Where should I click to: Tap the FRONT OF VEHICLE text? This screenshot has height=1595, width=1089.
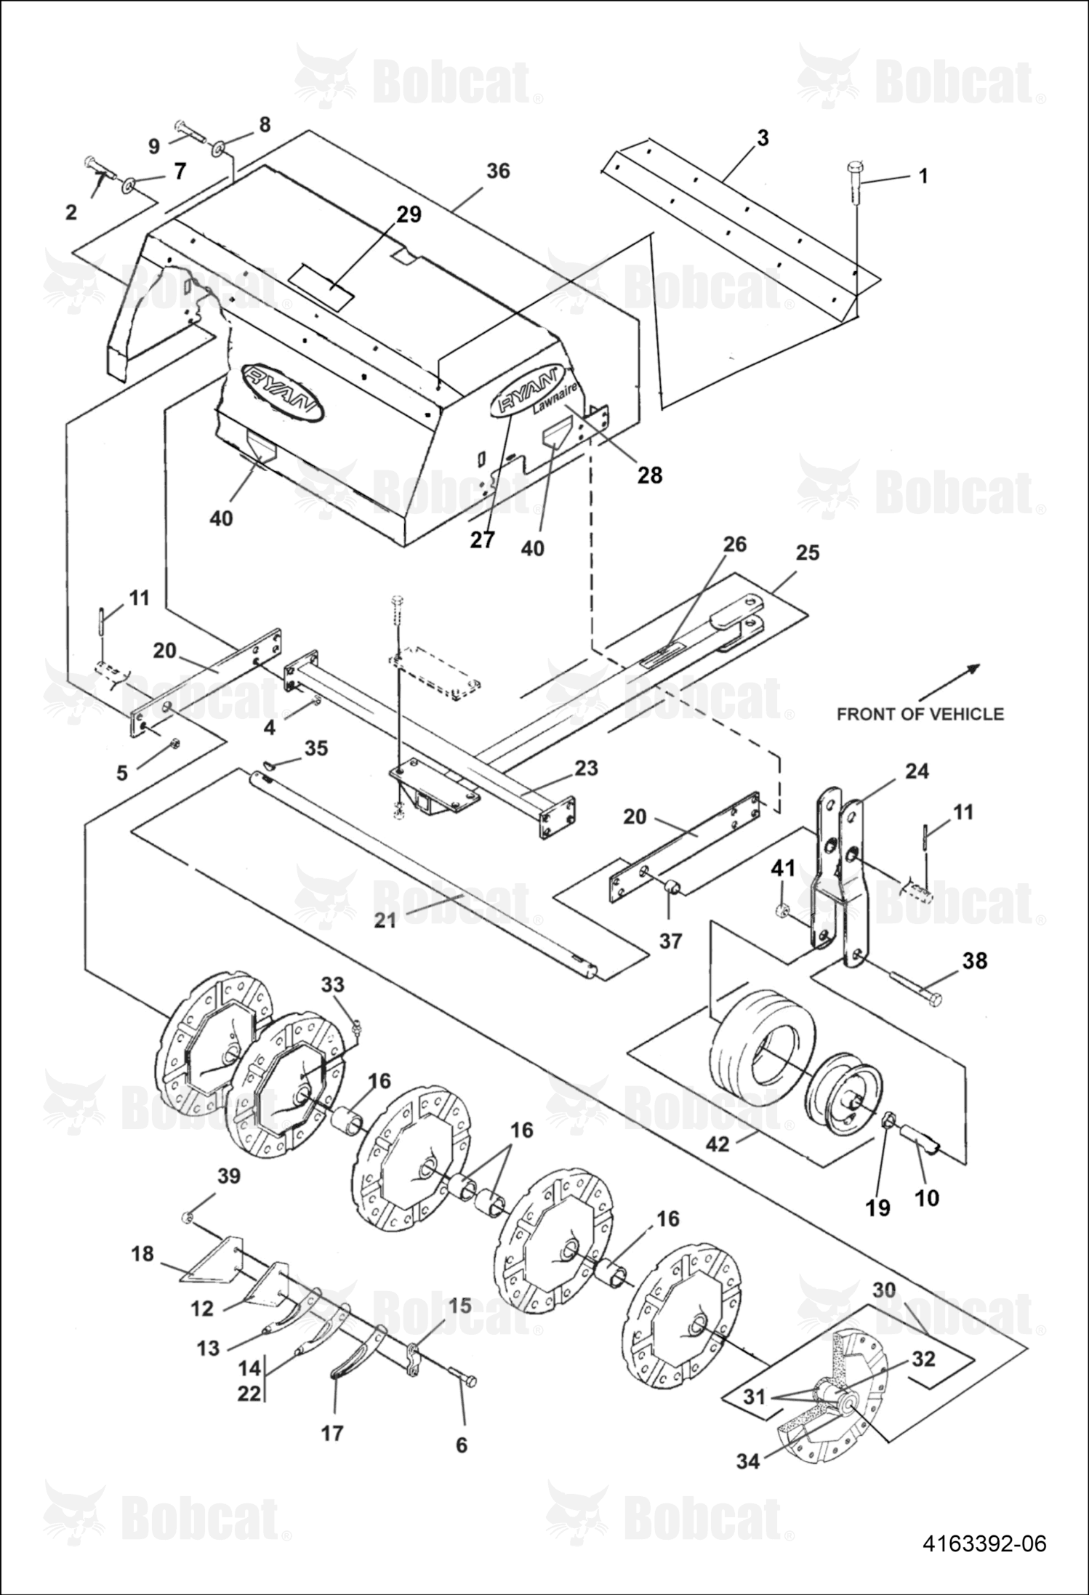click(x=920, y=714)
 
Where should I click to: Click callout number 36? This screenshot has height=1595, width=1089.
click(x=498, y=171)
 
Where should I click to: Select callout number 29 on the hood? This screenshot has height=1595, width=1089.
click(x=409, y=214)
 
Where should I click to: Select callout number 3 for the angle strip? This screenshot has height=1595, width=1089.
click(x=763, y=137)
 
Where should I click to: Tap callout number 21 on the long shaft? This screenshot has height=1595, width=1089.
click(x=385, y=920)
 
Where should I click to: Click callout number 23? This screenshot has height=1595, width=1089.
click(x=586, y=768)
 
